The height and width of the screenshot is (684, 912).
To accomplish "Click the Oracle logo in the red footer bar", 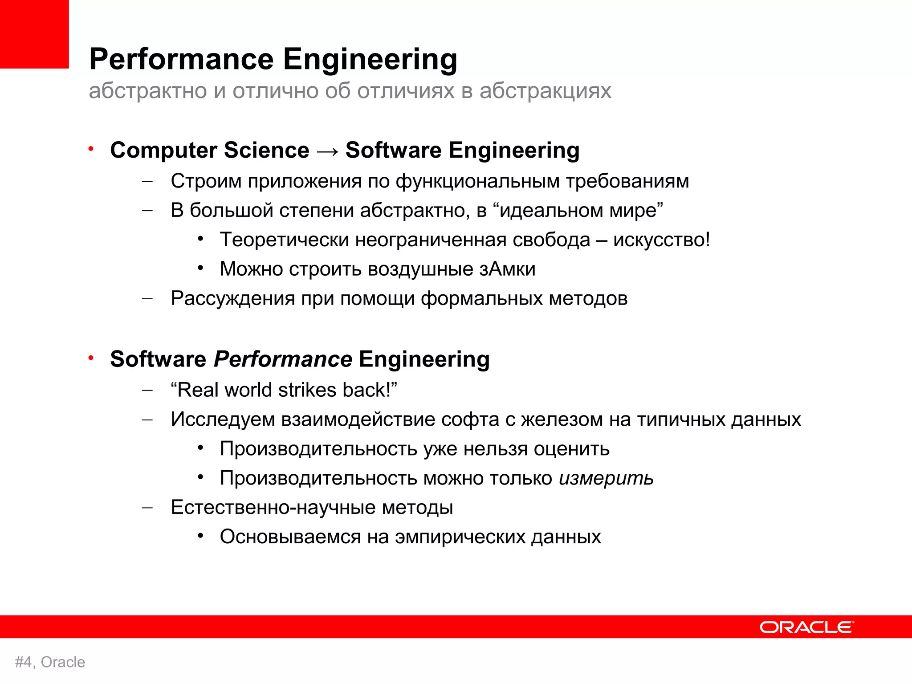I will pyautogui.click(x=806, y=627).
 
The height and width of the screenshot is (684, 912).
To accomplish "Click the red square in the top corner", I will pyautogui.click(x=34, y=34).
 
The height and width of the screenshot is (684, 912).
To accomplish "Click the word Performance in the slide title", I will pyautogui.click(x=181, y=59).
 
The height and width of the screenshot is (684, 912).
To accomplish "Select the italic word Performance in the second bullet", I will pyautogui.click(x=283, y=359).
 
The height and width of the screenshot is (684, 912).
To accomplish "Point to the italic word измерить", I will pyautogui.click(x=606, y=478).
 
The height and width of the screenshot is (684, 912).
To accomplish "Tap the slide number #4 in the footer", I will pyautogui.click(x=23, y=662).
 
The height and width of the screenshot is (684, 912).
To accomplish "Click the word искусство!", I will pyautogui.click(x=661, y=240).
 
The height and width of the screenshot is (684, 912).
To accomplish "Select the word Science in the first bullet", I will pyautogui.click(x=266, y=150).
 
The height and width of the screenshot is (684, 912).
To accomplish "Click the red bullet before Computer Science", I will pyautogui.click(x=91, y=149).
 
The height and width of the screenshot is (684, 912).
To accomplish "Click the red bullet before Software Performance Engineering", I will pyautogui.click(x=91, y=358).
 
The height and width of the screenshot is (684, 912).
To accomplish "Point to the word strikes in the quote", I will pyautogui.click(x=308, y=390).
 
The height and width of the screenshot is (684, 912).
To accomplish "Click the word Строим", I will pyautogui.click(x=206, y=181).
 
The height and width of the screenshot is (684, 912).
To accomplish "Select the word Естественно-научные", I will pyautogui.click(x=273, y=507).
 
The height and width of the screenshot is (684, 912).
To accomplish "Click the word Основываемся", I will pyautogui.click(x=290, y=537).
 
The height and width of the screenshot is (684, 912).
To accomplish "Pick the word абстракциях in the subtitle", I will pyautogui.click(x=545, y=91).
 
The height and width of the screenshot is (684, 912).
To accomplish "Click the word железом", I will pyautogui.click(x=562, y=419).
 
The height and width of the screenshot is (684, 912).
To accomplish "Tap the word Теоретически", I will pyautogui.click(x=285, y=240).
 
